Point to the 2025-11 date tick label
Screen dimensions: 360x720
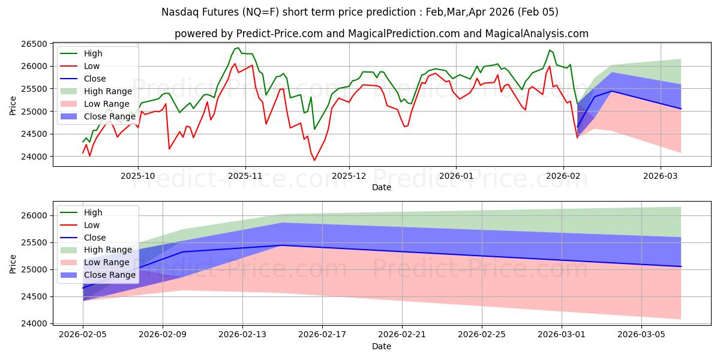pos(245,175)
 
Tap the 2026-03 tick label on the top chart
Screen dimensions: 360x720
pos(660,175)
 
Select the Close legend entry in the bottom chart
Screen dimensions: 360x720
pos(95,238)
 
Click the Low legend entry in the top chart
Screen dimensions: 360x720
pos(92,66)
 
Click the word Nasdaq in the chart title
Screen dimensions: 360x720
pos(181,12)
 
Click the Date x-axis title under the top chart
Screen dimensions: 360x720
pos(382,187)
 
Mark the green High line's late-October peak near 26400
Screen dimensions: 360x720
pos(238,48)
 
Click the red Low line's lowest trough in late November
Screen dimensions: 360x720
pos(314,160)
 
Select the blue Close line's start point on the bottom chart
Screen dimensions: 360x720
pos(83,288)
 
